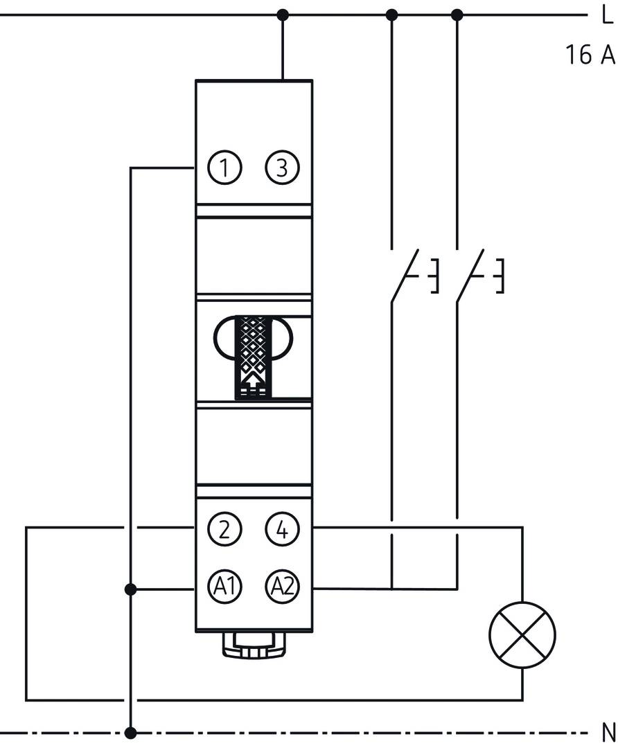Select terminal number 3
point(281,168)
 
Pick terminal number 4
point(281,530)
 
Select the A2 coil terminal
point(281,588)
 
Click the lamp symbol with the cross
point(522,634)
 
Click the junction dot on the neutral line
point(130,732)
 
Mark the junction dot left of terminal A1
point(130,589)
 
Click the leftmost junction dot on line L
point(282,15)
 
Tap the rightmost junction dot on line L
point(457,15)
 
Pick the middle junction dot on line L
point(391,15)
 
